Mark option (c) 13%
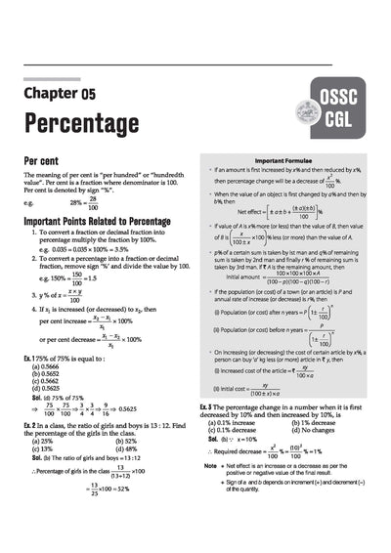(x=48, y=448)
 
